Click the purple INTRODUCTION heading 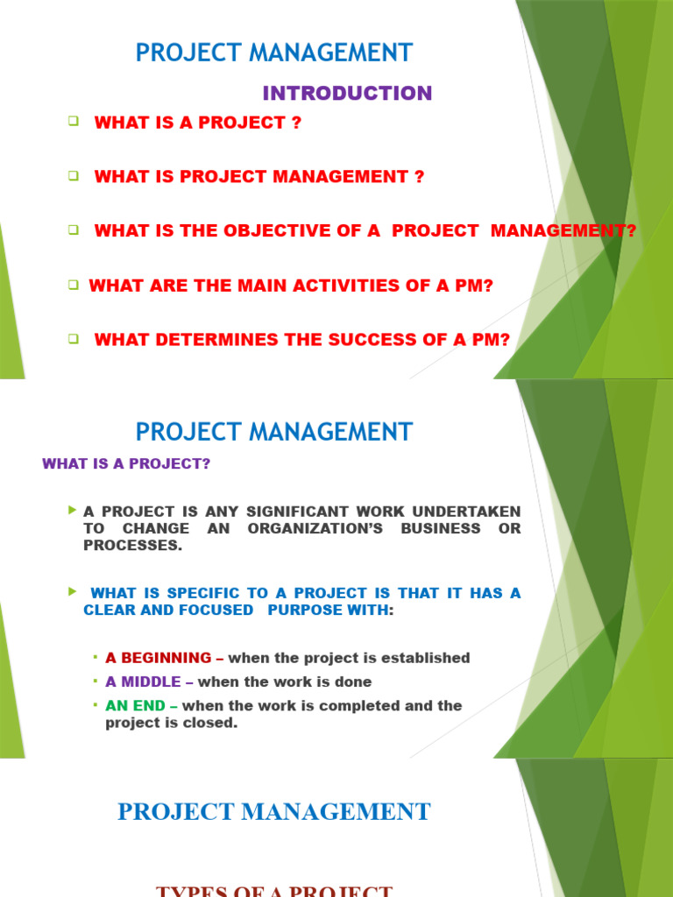(x=348, y=93)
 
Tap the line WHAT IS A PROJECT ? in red (x=197, y=124)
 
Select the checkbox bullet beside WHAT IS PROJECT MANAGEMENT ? (x=74, y=175)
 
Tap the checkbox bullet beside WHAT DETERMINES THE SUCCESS (x=74, y=339)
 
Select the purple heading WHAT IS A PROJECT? (x=126, y=464)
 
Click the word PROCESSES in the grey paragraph (x=132, y=545)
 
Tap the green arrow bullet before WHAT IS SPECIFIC (x=72, y=592)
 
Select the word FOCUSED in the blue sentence (x=209, y=610)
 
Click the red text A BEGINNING (x=158, y=658)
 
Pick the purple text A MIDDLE (x=143, y=682)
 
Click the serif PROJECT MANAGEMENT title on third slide (x=273, y=811)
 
